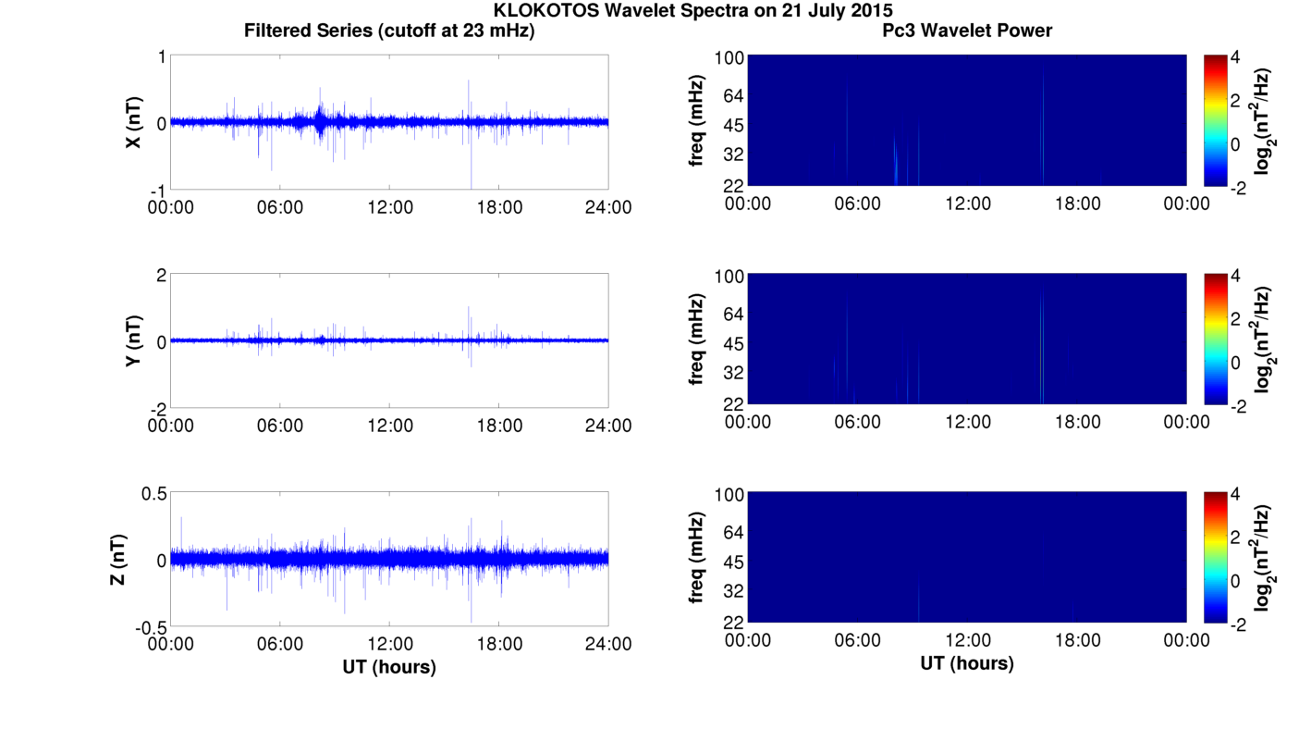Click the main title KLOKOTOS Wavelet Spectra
[692, 11]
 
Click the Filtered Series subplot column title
[389, 31]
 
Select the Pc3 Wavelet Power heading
[967, 31]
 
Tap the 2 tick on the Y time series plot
[160, 276]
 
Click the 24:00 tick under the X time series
[607, 207]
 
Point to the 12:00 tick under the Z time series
[389, 644]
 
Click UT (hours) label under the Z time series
[389, 666]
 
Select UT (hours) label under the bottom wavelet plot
[967, 663]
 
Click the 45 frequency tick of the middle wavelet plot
[732, 344]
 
